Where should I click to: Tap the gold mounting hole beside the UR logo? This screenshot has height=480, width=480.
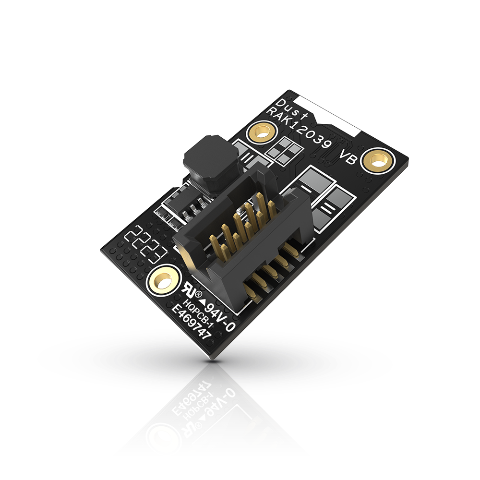click(163, 280)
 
